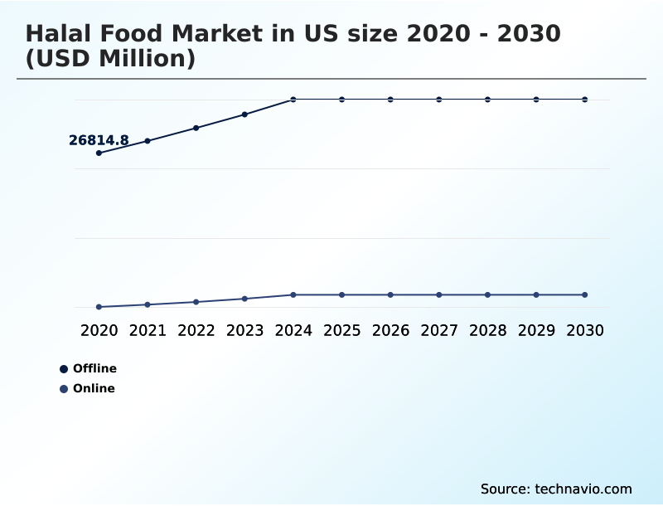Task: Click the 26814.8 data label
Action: (99, 141)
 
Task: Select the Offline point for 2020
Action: (99, 153)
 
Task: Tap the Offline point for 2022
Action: (196, 128)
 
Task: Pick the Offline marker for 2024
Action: (293, 100)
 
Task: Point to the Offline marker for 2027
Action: (439, 100)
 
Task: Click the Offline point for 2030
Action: (584, 100)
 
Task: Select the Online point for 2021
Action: (148, 304)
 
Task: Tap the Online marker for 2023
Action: (244, 299)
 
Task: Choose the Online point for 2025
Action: (341, 294)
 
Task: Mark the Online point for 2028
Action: (487, 294)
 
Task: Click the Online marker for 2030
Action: (584, 294)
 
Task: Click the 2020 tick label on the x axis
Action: (99, 330)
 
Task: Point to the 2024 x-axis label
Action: (293, 330)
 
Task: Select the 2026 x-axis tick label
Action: (390, 330)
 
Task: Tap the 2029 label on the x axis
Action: (536, 330)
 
